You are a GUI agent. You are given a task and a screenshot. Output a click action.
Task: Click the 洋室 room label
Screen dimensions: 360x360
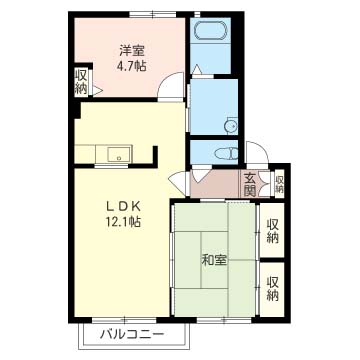pyautogui.click(x=132, y=52)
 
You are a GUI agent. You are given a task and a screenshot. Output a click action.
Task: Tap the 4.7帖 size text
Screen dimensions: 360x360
pyautogui.click(x=132, y=66)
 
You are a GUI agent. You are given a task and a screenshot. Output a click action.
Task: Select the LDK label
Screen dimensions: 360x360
pyautogui.click(x=122, y=206)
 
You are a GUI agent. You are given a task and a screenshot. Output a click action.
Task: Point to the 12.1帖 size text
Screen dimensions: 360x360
pyautogui.click(x=122, y=221)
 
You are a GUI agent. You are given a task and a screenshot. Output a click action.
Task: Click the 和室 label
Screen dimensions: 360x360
pyautogui.click(x=214, y=260)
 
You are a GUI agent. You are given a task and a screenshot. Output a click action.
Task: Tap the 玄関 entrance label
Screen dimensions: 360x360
pyautogui.click(x=249, y=184)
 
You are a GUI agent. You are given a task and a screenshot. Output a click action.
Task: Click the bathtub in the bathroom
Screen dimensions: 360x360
pyautogui.click(x=210, y=31)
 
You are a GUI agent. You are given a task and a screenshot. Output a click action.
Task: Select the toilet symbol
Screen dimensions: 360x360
pyautogui.click(x=227, y=154)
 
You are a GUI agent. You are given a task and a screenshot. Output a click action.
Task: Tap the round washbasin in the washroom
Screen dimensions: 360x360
pyautogui.click(x=230, y=126)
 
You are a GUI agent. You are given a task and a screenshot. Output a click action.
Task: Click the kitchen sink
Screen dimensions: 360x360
pyautogui.click(x=118, y=154)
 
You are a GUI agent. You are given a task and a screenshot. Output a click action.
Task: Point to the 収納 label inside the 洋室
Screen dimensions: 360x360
pyautogui.click(x=81, y=82)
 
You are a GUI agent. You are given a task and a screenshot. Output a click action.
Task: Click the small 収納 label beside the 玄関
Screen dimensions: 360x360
pyautogui.click(x=279, y=184)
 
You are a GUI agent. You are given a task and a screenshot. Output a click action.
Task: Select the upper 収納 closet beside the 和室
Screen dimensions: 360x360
pyautogui.click(x=272, y=230)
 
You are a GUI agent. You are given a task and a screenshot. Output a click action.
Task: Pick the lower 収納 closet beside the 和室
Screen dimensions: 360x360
pyautogui.click(x=272, y=289)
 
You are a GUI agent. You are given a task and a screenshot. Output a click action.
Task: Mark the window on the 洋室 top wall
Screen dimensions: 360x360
pyautogui.click(x=153, y=14)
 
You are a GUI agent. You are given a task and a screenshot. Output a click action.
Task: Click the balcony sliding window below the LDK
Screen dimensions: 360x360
pyautogui.click(x=124, y=320)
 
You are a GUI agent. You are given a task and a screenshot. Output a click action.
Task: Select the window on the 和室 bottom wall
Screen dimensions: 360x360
pyautogui.click(x=224, y=320)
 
